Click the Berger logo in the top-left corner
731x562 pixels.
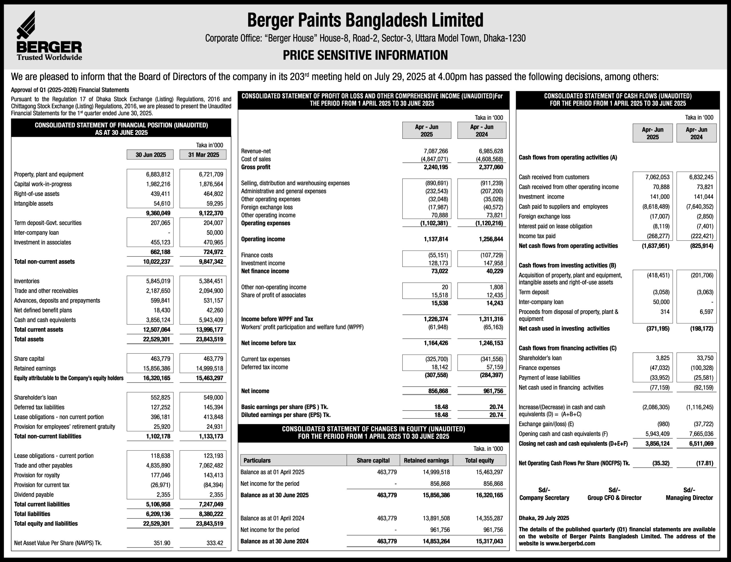tap(49, 36)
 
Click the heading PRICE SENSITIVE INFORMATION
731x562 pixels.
tap(365, 55)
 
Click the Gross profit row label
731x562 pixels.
tap(255, 167)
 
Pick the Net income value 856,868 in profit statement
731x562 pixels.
tap(438, 391)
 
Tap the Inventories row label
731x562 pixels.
tap(27, 281)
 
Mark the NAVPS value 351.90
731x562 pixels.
tap(162, 543)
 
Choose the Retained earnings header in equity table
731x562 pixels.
tap(426, 460)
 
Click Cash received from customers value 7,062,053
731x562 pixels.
tap(657, 177)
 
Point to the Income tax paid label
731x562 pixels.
tap(537, 236)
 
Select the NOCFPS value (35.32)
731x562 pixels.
tap(661, 463)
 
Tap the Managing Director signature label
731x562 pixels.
tap(689, 498)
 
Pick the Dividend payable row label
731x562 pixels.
tap(33, 495)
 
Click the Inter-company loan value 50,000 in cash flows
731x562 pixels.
tap(661, 302)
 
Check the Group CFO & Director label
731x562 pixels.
tap(614, 498)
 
